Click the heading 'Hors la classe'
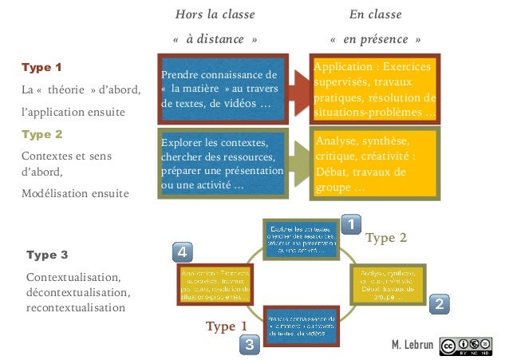click(x=215, y=14)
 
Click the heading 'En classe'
click(x=375, y=14)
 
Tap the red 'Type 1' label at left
click(x=41, y=67)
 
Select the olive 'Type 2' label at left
click(x=41, y=134)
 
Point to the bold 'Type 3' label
click(x=47, y=255)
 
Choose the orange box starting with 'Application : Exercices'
click(x=374, y=89)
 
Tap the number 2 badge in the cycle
click(x=442, y=303)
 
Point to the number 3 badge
click(x=250, y=346)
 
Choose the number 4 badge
click(x=182, y=252)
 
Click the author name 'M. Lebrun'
click(x=412, y=345)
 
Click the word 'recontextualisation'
click(x=76, y=307)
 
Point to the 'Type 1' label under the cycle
click(x=226, y=326)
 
